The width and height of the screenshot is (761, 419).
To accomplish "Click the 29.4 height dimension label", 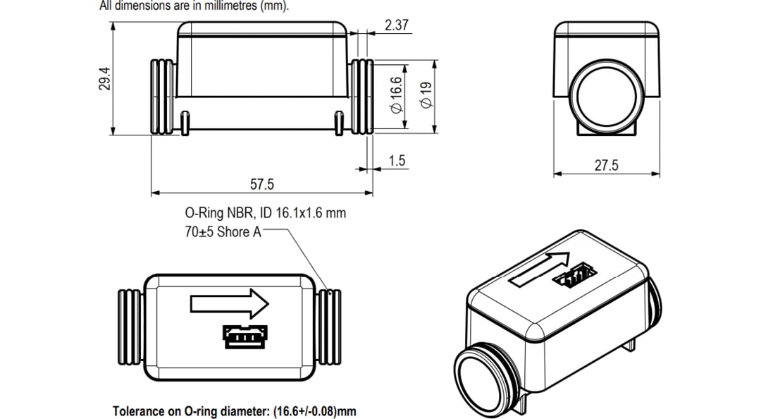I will pyautogui.click(x=105, y=79).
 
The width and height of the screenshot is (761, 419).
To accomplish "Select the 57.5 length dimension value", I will pyautogui.click(x=261, y=184).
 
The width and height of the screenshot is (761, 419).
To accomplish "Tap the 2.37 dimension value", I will pyautogui.click(x=397, y=25).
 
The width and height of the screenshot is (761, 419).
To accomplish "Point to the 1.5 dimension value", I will pyautogui.click(x=397, y=161).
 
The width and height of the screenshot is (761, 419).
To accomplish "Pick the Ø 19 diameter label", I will pyautogui.click(x=425, y=95).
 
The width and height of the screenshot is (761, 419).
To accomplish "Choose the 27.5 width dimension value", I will pyautogui.click(x=606, y=165).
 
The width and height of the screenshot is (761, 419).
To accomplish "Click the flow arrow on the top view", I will pyautogui.click(x=229, y=304).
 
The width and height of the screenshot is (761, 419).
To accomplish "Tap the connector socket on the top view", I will pyautogui.click(x=242, y=336).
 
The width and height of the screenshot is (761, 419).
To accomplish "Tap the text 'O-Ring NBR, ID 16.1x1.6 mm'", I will pyautogui.click(x=265, y=212).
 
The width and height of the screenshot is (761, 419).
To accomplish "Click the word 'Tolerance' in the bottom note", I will pyautogui.click(x=138, y=411).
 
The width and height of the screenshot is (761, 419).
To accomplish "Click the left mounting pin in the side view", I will pyautogui.click(x=184, y=122).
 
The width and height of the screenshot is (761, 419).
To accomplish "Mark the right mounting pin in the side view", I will pyautogui.click(x=339, y=122).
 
